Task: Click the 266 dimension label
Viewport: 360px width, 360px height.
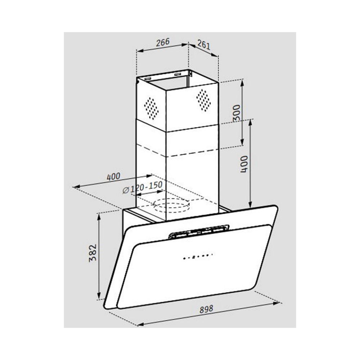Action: coord(163,42)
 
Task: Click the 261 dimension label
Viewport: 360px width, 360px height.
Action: coord(204,45)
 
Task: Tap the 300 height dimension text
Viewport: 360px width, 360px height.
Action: coord(236,113)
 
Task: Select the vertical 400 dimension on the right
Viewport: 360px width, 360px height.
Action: coord(244,164)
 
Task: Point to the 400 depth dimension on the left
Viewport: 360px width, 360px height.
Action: coord(113,176)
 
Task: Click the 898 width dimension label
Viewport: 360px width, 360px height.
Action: coord(206,309)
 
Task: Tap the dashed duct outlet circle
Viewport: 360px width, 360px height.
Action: coord(171,205)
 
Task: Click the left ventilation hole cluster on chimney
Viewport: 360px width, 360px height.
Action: coord(151,108)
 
